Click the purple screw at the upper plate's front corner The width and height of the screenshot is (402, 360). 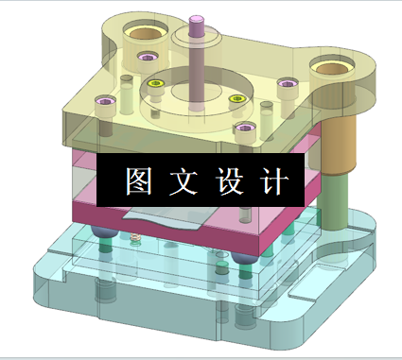244,129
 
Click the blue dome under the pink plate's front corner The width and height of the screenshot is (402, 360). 243,257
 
